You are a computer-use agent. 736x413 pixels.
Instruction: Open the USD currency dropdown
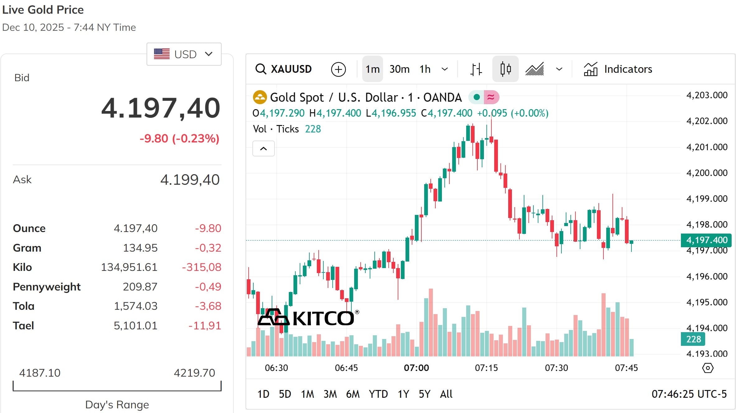tap(184, 54)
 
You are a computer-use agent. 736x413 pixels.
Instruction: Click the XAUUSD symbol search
tap(284, 69)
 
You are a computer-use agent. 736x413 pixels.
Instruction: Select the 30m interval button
tap(399, 69)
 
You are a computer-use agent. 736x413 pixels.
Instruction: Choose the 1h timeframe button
tap(425, 69)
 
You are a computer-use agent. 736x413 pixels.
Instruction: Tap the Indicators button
tap(618, 69)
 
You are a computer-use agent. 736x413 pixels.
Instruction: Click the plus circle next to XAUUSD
tap(338, 69)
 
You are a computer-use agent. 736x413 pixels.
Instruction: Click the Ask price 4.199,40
tap(190, 180)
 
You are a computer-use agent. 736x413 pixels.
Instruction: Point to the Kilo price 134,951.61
tap(129, 267)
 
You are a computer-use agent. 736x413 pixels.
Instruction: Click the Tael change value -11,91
tap(205, 326)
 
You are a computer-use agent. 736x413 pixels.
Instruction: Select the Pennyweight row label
tap(47, 287)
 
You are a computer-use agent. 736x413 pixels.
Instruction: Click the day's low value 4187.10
tap(40, 373)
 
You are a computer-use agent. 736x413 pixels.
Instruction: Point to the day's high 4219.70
tap(194, 373)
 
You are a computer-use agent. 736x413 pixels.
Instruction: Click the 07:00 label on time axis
tap(416, 368)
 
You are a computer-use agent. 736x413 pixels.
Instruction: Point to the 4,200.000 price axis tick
tap(707, 173)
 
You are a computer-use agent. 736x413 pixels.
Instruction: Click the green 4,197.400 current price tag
tap(706, 240)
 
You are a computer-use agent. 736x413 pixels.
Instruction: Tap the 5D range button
tap(285, 394)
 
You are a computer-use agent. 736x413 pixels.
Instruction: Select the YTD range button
tap(378, 394)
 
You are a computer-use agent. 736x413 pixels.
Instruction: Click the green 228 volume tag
tap(693, 339)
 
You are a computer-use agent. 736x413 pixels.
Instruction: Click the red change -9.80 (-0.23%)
tap(180, 138)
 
